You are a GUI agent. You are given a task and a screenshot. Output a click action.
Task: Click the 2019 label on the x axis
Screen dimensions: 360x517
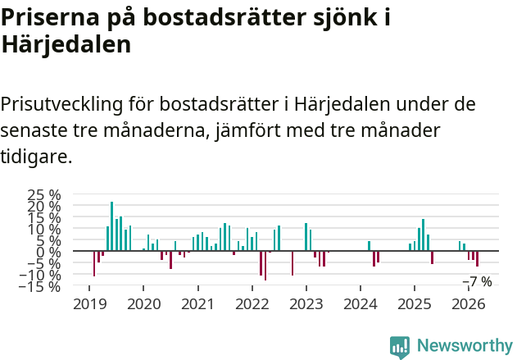click(x=89, y=304)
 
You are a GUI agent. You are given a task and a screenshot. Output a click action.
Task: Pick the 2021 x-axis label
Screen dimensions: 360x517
click(x=197, y=304)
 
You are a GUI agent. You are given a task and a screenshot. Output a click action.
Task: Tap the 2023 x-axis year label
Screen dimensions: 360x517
click(x=306, y=304)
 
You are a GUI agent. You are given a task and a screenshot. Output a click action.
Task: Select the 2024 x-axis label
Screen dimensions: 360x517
click(x=361, y=304)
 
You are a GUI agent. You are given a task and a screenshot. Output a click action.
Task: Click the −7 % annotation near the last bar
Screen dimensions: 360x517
click(x=477, y=281)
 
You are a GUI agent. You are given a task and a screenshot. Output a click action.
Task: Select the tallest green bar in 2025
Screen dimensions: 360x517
click(x=423, y=235)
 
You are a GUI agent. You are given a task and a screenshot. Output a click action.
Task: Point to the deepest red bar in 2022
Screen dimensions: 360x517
click(x=265, y=266)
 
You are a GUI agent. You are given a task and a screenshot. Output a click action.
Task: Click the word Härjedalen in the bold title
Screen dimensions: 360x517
click(x=66, y=44)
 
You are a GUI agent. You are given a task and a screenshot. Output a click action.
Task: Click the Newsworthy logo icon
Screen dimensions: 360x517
click(x=400, y=347)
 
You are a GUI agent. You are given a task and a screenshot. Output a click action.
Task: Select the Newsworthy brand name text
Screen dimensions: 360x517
click(x=464, y=346)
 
